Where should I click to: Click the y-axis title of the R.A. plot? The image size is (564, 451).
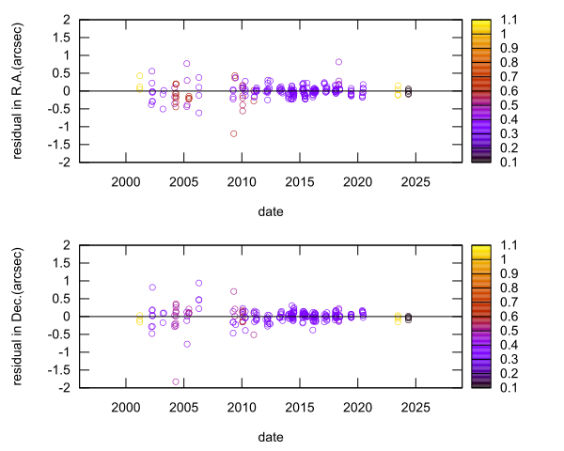tap(19, 90)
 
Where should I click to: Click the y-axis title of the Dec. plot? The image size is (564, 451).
tap(19, 316)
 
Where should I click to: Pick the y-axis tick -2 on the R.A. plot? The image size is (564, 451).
tap(60, 163)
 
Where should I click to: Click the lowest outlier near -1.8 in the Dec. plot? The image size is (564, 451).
tap(176, 381)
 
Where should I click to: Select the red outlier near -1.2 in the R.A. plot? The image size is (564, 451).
tap(233, 133)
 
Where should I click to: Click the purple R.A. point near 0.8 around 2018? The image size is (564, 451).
tap(338, 62)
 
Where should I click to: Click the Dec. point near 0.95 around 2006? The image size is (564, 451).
tap(198, 283)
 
